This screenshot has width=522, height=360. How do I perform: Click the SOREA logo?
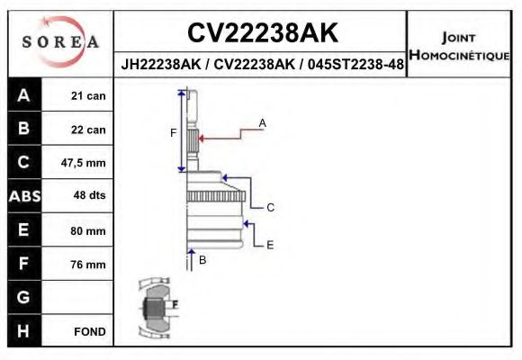pos(60,42)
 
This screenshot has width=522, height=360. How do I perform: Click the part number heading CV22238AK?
pos(262,33)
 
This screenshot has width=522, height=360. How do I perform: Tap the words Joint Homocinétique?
pos(459,46)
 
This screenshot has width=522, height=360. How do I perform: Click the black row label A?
pos(23,95)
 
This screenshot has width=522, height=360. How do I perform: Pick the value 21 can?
pos(88,96)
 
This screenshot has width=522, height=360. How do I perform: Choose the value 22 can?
pos(88,130)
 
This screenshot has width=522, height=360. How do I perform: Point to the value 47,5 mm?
pos(84,163)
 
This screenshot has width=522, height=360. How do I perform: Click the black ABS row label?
pos(23,196)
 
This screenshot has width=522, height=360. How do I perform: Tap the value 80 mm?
pos(88,230)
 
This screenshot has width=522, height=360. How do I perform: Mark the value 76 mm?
pos(88,265)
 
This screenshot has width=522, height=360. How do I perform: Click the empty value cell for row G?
pos(79,298)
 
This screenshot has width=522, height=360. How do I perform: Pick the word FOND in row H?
pos(89,331)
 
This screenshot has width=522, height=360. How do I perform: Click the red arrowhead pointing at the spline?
pos(202,138)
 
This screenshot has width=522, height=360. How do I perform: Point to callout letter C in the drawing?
pos(269,207)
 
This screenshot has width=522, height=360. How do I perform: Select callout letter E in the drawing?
pos(269,244)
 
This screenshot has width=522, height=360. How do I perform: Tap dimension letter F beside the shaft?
pos(174,132)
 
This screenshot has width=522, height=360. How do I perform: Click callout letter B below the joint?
pos(202,260)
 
